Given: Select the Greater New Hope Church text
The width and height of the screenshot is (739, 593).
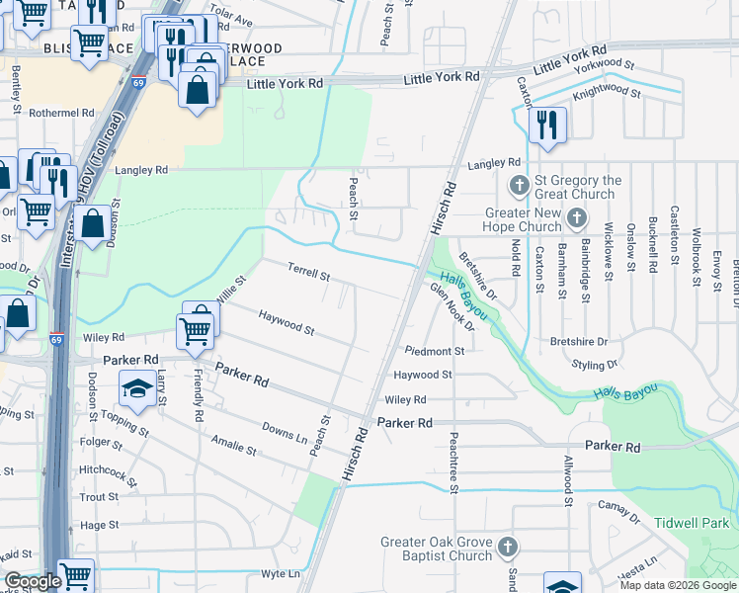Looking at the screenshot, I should point(524,219).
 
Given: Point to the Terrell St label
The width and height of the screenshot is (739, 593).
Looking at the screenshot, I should point(307,271).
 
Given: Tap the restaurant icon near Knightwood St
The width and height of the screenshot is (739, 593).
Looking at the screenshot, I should point(541,126).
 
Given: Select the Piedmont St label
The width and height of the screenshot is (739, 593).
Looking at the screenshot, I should point(434,351).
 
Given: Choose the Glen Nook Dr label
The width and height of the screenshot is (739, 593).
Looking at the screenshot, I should point(452,306).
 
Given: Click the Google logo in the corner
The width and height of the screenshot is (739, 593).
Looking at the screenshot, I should point(32,582).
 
